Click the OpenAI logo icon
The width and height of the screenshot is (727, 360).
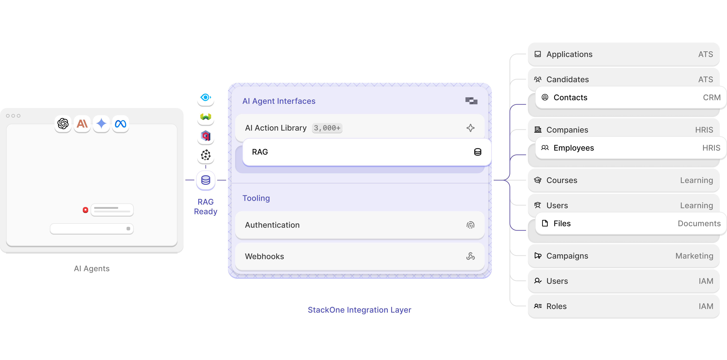tap(63, 124)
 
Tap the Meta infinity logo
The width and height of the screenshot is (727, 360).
tap(121, 124)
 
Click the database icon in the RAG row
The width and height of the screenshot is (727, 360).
tap(477, 152)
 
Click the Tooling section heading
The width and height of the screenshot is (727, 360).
tap(256, 198)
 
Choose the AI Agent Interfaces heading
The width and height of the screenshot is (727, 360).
tap(279, 101)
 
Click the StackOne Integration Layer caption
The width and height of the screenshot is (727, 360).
tap(359, 310)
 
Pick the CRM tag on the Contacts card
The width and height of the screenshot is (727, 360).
tap(711, 97)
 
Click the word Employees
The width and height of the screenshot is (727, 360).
tap(573, 148)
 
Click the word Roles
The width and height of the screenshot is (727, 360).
tap(556, 306)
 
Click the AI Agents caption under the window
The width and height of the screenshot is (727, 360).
tap(92, 268)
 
